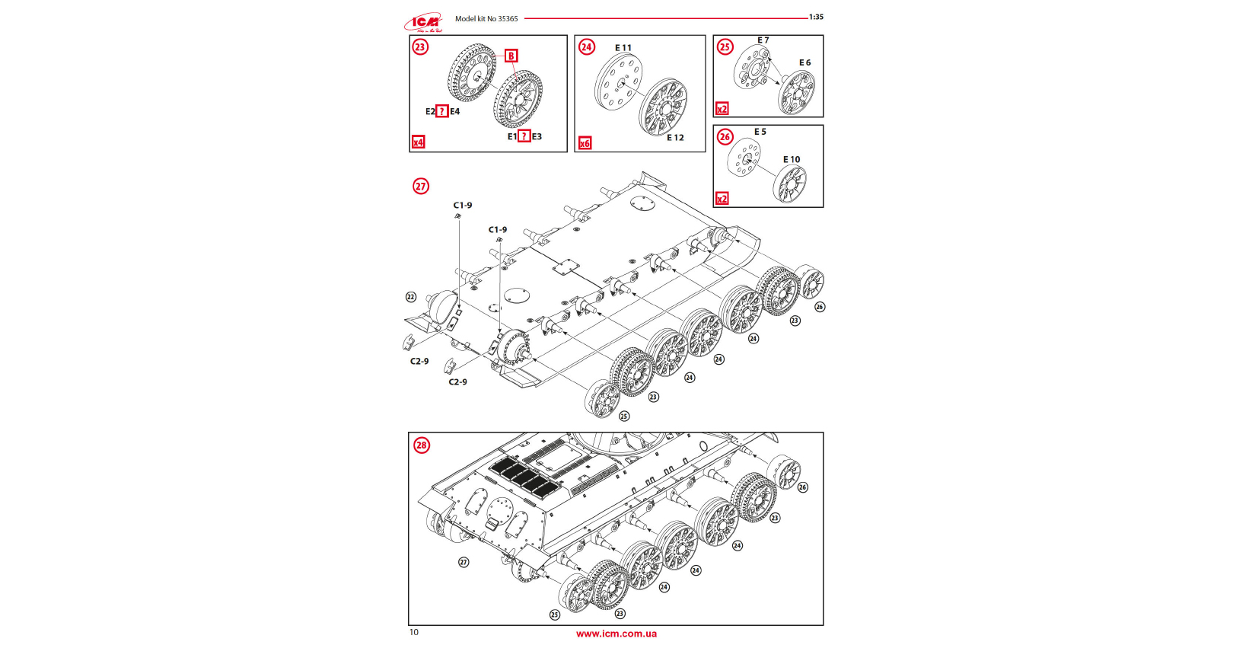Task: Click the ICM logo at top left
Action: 423,22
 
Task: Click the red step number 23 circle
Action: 420,47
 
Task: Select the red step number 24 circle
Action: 586,47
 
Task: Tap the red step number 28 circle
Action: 421,445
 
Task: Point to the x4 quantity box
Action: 418,142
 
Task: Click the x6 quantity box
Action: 585,143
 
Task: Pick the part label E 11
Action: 623,48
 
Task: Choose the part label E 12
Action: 675,138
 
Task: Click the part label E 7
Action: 763,40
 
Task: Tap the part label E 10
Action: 792,160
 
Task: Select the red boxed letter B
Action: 511,56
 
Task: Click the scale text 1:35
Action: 816,17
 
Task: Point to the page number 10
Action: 414,632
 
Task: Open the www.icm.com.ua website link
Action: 616,634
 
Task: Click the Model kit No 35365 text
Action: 486,19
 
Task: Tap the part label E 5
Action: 760,132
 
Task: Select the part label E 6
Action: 804,62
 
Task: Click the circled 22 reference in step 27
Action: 411,297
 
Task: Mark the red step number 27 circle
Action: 421,187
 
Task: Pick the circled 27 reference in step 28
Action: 464,562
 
